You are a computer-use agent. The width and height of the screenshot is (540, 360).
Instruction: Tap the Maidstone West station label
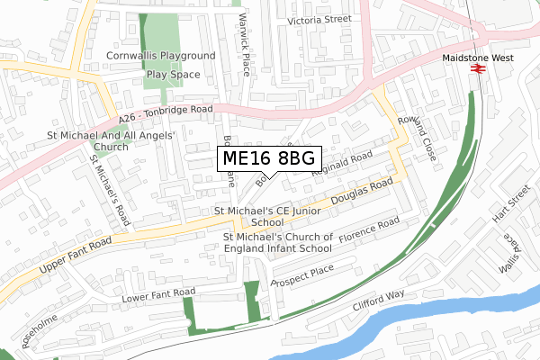click(x=478, y=56)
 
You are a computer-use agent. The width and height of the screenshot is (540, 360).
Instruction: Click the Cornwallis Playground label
click(x=161, y=56)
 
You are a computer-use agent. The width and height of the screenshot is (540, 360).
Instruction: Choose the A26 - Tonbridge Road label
click(x=166, y=113)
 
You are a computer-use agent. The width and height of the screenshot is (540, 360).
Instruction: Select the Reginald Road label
click(x=341, y=161)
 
